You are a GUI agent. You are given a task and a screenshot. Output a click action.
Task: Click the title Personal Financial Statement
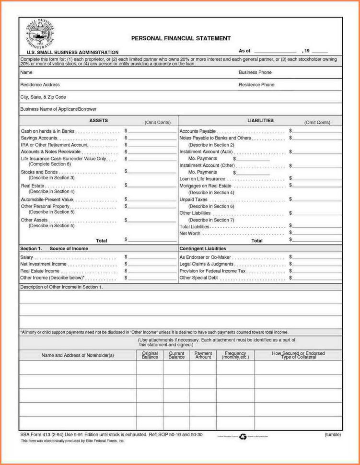[181, 38]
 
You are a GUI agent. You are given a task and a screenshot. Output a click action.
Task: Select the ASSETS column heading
[98, 121]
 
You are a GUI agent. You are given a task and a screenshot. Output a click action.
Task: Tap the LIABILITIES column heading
[260, 121]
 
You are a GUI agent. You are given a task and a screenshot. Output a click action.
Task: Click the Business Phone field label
[255, 72]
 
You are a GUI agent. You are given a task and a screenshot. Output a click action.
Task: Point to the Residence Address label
[40, 85]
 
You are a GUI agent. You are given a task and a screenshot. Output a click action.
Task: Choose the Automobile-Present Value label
[47, 199]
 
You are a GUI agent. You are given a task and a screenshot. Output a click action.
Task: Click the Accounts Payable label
[197, 131]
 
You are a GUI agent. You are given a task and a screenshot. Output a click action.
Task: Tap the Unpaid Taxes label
[193, 199]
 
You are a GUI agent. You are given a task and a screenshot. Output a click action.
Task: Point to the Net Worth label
[190, 233]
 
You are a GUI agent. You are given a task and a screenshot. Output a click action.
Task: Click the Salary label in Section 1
[27, 257]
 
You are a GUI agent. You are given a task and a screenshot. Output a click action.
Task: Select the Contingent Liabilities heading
[202, 249]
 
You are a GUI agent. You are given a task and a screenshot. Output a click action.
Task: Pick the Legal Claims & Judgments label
[207, 264]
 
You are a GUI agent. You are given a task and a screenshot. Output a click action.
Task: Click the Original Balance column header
[150, 355]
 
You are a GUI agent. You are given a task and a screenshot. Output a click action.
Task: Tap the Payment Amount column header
[203, 355]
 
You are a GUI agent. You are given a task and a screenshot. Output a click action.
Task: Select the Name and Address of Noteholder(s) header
[78, 355]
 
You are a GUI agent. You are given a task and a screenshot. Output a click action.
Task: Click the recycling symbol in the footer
[243, 437]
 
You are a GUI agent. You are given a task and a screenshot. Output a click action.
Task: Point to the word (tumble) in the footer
[332, 435]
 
